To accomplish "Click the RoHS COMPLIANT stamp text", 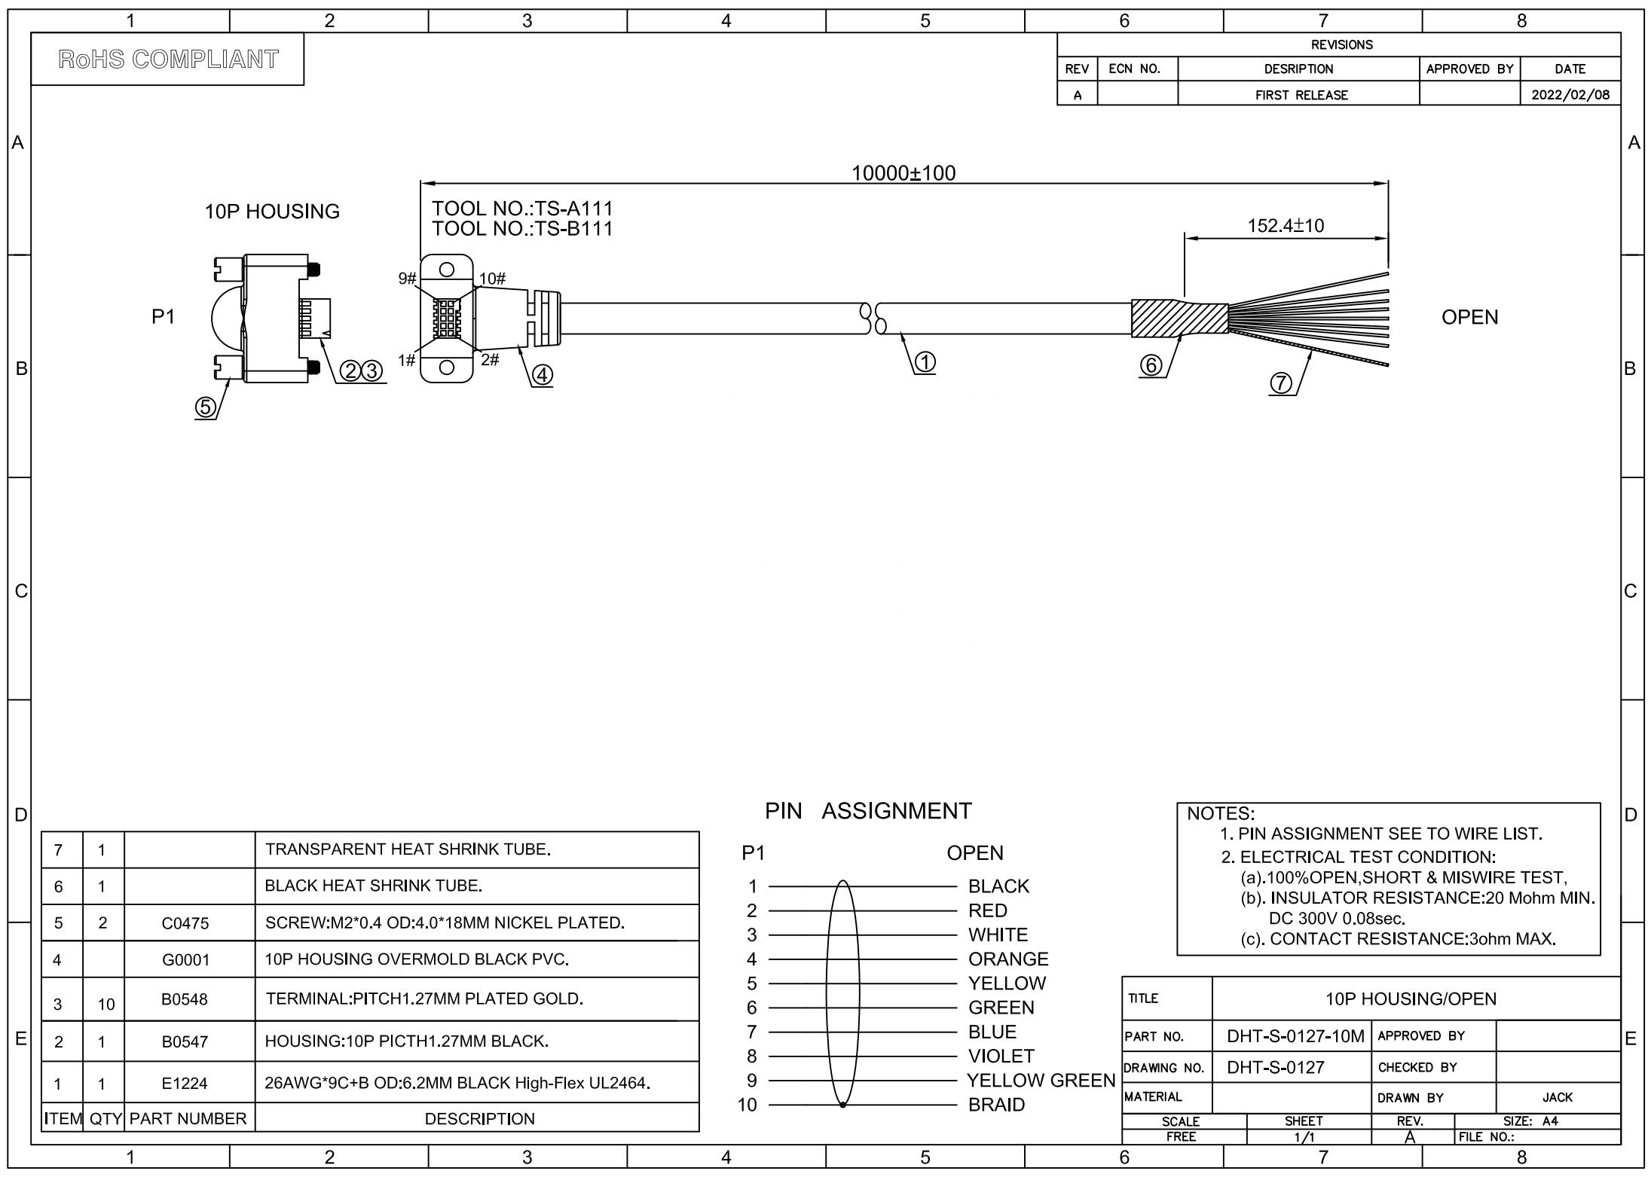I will [168, 59].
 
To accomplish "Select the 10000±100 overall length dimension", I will [903, 173].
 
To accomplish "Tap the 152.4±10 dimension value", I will [1286, 225].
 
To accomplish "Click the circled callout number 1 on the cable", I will [925, 363].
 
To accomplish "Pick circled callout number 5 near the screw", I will [205, 407].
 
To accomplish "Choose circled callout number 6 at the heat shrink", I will [1151, 365].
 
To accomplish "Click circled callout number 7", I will [1280, 383].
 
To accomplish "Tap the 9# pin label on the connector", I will [407, 279].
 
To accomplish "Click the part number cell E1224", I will [185, 1084].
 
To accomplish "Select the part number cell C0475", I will [185, 923].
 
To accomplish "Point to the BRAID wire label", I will [996, 1105].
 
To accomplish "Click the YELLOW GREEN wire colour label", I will [1041, 1081].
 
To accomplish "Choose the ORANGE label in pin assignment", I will [1008, 959].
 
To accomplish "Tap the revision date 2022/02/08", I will [1570, 95].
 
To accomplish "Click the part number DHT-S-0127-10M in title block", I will [1295, 1036].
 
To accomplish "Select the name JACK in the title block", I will [1557, 1097].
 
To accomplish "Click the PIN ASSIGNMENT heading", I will [868, 811].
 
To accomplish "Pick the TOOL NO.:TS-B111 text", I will [522, 229].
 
